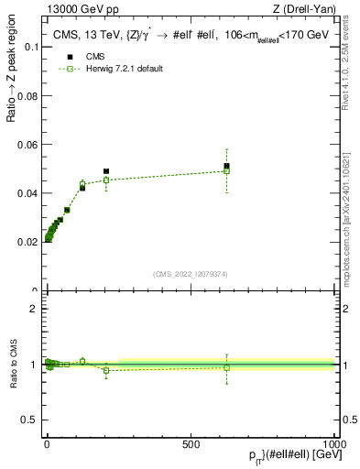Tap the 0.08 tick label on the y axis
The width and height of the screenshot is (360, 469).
click(27, 96)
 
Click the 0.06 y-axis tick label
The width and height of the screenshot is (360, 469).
click(27, 145)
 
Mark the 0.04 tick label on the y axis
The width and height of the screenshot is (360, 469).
click(27, 193)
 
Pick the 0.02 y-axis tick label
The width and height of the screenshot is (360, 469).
click(27, 243)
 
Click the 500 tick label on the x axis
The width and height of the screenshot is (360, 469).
click(191, 442)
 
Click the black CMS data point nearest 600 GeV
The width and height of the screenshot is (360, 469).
click(226, 166)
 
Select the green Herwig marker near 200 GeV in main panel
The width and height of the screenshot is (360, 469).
click(106, 180)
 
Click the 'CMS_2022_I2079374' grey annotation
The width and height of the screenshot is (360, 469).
click(190, 274)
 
